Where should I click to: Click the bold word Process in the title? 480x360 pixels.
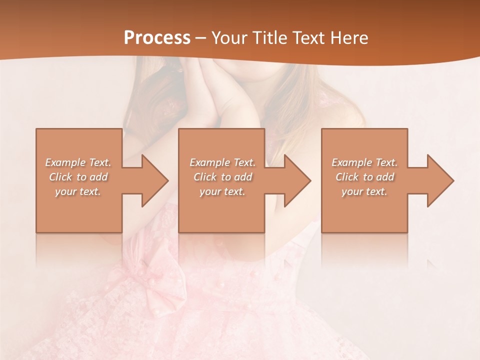click(x=157, y=37)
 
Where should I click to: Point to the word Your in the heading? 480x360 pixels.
click(x=229, y=37)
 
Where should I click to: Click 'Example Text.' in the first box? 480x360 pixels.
click(x=78, y=162)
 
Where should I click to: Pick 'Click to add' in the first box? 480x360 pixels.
click(x=78, y=177)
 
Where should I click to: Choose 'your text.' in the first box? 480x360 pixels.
click(x=78, y=191)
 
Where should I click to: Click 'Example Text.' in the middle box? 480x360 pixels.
click(x=222, y=162)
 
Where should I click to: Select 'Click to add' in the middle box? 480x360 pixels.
click(x=222, y=177)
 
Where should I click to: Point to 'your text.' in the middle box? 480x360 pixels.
click(x=222, y=191)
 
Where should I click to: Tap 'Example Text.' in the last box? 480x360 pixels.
click(x=364, y=162)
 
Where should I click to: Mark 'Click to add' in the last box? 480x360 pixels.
click(x=364, y=177)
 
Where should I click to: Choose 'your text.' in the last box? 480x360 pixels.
click(x=364, y=191)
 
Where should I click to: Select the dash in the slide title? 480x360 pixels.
click(x=200, y=38)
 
